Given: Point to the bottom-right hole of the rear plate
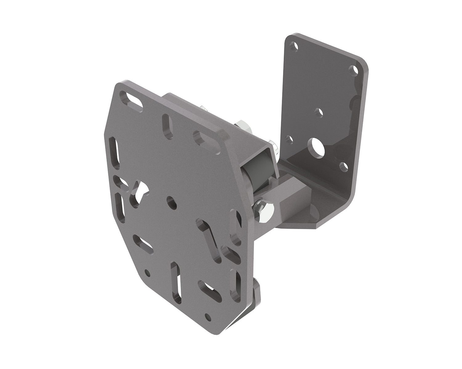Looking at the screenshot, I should pyautogui.click(x=343, y=167).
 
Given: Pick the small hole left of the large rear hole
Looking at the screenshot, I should pyautogui.click(x=290, y=139).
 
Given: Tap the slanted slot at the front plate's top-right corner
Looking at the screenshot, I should pyautogui.click(x=204, y=139).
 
